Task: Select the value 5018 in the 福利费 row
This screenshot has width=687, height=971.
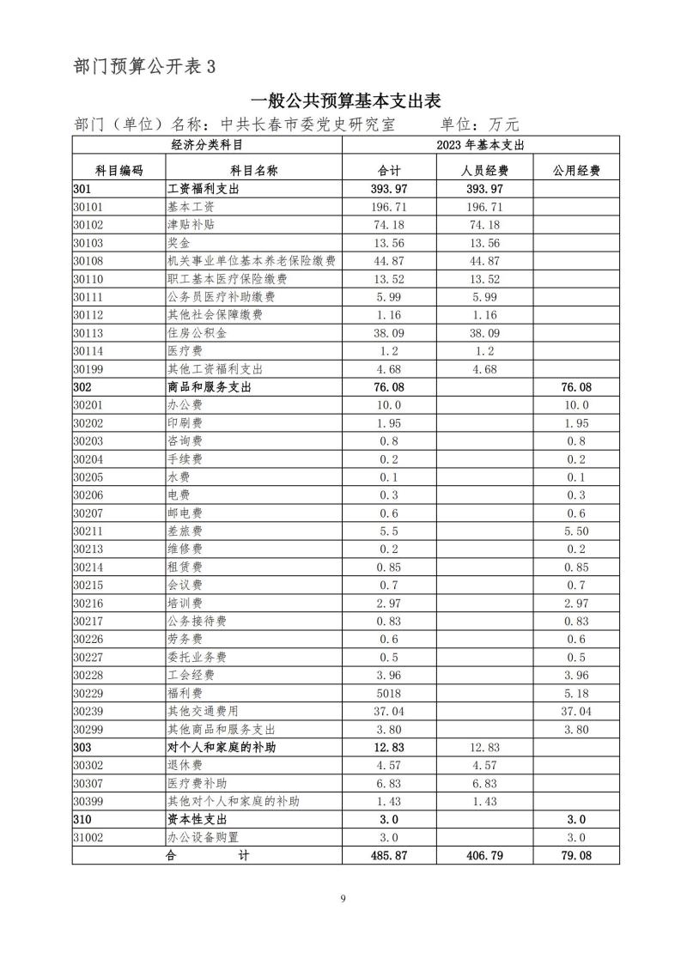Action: coord(390,694)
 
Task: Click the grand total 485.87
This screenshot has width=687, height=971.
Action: coord(390,856)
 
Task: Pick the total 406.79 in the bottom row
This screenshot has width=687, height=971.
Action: coord(485,856)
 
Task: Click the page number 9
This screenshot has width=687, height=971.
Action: coord(343,899)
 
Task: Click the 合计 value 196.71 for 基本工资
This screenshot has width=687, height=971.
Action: coord(390,207)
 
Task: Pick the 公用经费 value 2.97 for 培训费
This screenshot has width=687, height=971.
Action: coord(576,604)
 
